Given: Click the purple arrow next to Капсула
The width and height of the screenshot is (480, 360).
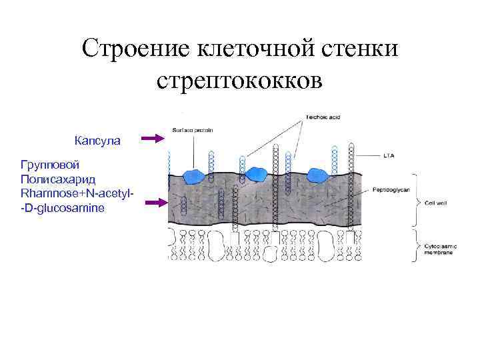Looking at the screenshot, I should pos(153,138).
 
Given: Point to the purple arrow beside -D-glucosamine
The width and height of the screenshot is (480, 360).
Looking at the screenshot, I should pos(153,202).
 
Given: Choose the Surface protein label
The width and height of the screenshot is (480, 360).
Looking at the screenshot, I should pos(193,131).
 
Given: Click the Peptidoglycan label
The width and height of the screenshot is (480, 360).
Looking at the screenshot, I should pos(387,190).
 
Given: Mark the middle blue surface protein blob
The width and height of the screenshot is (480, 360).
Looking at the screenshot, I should pos(254,174).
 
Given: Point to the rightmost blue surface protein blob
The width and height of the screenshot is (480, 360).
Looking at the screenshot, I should pos(316,175).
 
